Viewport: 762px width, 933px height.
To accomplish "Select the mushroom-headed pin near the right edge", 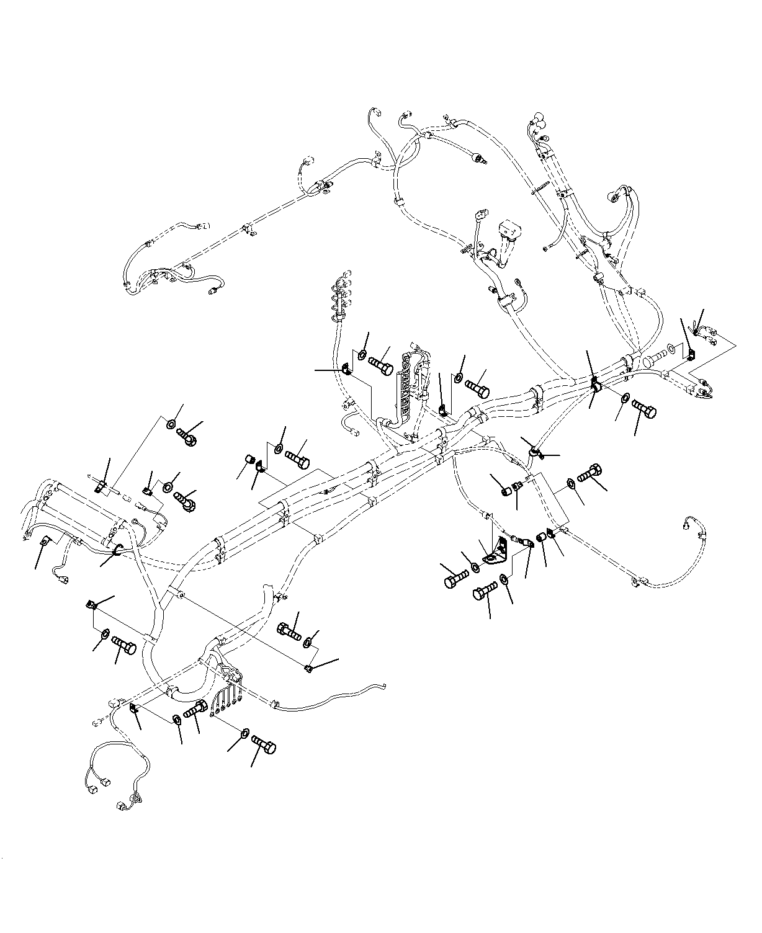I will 655,358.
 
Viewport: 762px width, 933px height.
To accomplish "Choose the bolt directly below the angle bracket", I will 485,591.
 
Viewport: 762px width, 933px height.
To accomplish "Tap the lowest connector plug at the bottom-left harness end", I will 121,807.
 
